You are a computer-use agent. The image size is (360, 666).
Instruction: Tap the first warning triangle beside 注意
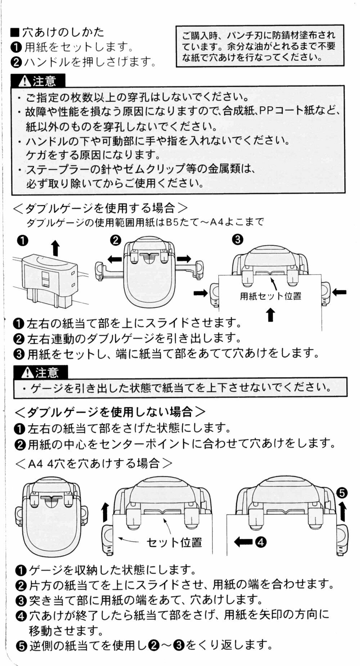25,81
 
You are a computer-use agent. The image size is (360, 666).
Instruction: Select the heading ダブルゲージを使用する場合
100,208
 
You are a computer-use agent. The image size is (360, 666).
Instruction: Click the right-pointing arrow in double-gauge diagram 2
184,258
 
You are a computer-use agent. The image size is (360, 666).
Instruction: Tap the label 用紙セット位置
270,296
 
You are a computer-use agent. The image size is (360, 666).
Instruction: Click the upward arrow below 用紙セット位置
271,314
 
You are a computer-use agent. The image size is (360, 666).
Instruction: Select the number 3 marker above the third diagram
238,240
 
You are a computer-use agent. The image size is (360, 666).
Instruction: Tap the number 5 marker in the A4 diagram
343,492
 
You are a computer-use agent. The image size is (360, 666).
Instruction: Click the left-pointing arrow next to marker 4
244,541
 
